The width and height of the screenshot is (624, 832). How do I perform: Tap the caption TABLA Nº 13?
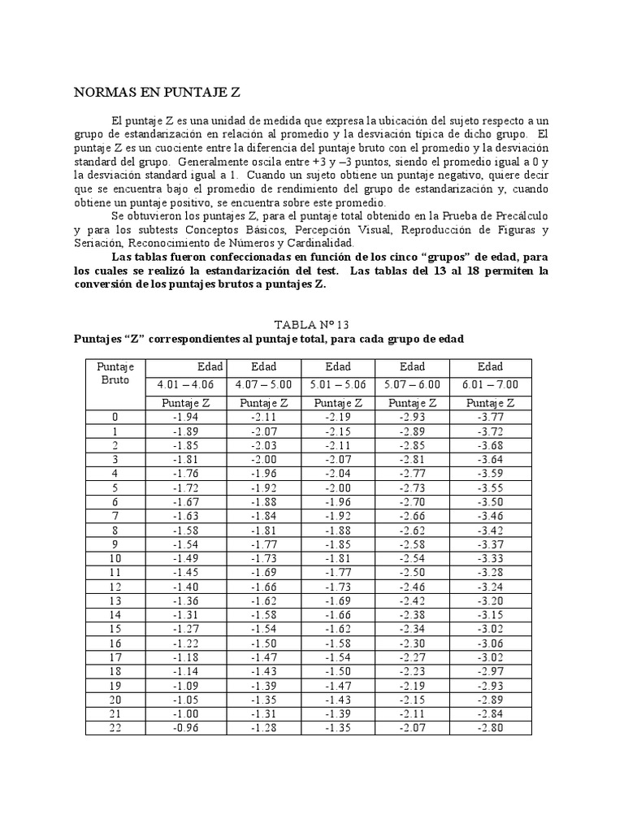(309, 323)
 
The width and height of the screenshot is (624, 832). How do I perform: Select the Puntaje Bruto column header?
(115, 373)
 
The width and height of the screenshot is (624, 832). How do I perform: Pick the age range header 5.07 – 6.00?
(412, 384)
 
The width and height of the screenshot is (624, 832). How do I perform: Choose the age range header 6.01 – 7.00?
(491, 384)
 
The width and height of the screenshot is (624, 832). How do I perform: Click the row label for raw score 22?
(115, 728)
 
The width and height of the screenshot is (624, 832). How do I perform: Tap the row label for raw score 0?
(115, 417)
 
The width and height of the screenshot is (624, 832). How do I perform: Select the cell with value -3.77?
(491, 417)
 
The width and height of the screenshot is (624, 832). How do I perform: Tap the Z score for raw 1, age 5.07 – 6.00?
(412, 431)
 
